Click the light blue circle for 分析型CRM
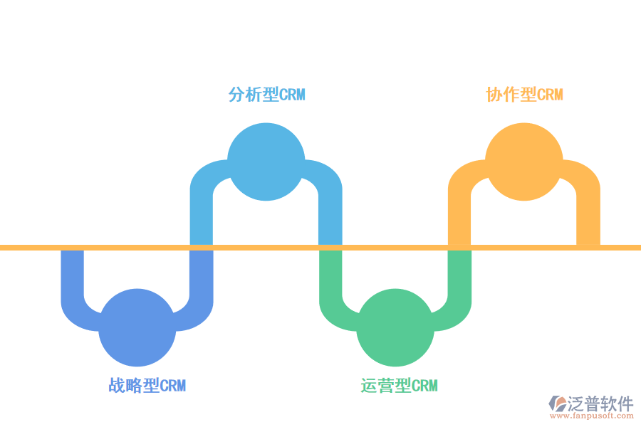click(266, 162)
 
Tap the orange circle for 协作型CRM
click(524, 162)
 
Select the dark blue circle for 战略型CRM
click(137, 327)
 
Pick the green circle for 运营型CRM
click(395, 327)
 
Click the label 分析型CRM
click(266, 95)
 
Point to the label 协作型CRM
click(524, 95)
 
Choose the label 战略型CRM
click(147, 385)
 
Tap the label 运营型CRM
click(399, 385)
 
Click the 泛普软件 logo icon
click(558, 404)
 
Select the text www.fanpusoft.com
click(592, 416)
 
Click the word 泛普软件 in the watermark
click(600, 404)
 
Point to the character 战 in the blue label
click(117, 385)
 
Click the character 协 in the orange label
click(494, 95)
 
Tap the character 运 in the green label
click(369, 385)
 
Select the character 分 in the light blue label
click(236, 95)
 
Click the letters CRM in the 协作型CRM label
click(550, 95)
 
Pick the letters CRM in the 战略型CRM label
click(172, 386)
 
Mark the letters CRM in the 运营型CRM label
click(424, 386)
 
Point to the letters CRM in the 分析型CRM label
click(292, 95)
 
